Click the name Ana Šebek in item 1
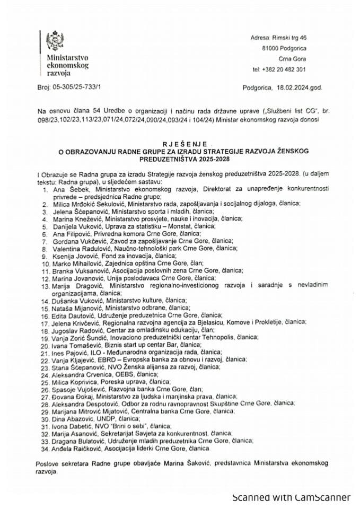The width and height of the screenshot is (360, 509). (68, 188)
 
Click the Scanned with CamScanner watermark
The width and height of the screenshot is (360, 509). (291, 497)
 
